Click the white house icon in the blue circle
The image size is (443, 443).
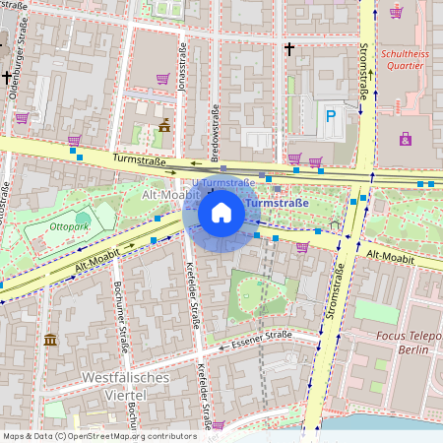[x=221, y=212]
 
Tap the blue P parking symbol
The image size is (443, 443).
[x=331, y=116]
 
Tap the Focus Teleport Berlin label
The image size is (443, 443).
[x=404, y=343]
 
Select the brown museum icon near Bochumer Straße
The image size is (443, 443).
[x=50, y=340]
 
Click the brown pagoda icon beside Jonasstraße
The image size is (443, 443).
[x=164, y=125]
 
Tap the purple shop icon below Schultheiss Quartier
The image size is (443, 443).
[x=406, y=139]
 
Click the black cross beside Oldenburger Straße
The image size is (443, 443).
[x=7, y=76]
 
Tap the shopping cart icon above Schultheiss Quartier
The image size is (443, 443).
[x=396, y=13]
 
